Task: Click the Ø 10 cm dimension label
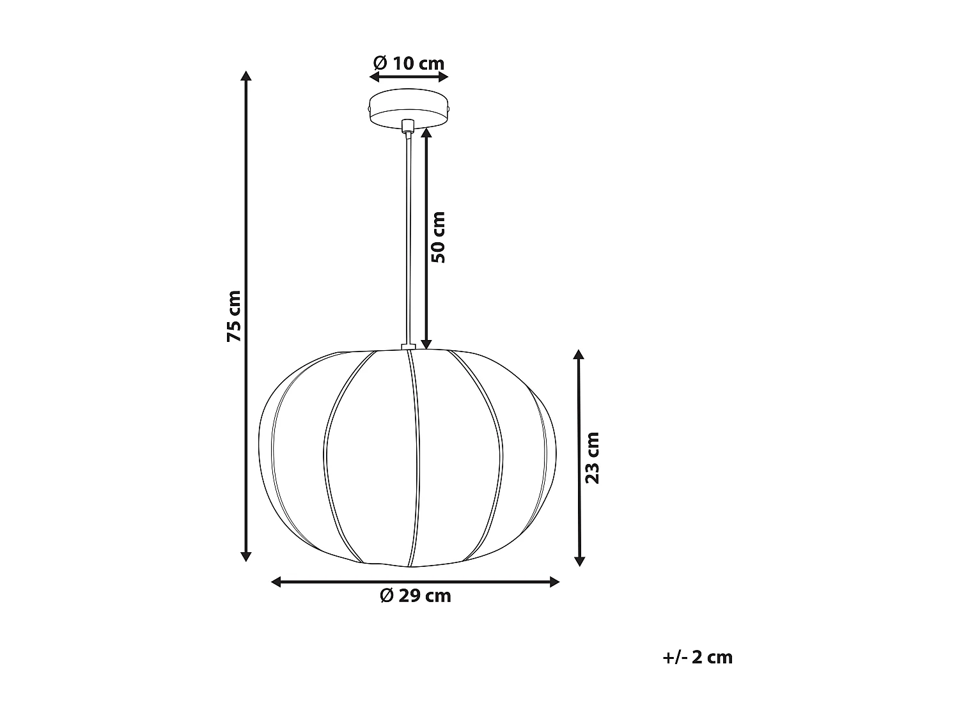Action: [x=409, y=63]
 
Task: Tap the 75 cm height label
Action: [x=235, y=316]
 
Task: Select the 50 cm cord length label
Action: [x=439, y=237]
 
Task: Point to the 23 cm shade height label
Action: [x=593, y=458]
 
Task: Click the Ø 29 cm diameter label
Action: [x=416, y=596]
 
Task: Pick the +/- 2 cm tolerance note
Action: [x=698, y=657]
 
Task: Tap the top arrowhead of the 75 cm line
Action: [x=246, y=76]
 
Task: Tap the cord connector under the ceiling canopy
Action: [x=407, y=126]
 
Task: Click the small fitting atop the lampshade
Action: [x=408, y=348]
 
